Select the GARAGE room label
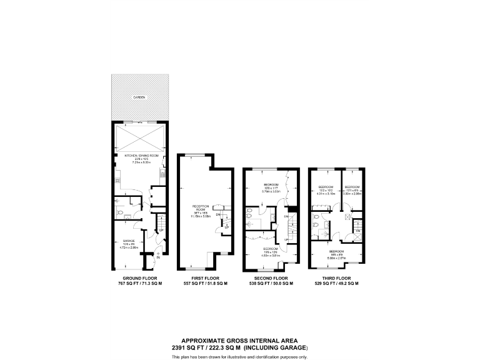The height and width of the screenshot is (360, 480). point(123,241)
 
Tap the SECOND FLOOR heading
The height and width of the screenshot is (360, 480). point(271,277)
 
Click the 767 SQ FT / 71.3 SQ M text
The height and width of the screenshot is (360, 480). point(139,283)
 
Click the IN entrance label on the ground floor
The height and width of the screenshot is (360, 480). point(158,257)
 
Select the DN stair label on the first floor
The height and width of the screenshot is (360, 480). point(217,215)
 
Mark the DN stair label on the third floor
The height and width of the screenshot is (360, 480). point(357,231)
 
